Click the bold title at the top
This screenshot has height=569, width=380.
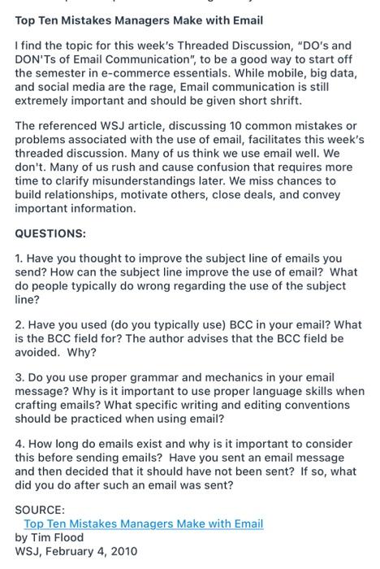[x=139, y=20]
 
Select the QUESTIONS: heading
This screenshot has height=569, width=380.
[x=50, y=233]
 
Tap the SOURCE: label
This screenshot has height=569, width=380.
[x=40, y=510]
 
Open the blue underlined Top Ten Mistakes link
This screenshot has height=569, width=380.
[x=144, y=524]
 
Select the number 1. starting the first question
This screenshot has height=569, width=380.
[x=19, y=258]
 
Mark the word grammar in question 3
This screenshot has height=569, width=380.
[x=147, y=378]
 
